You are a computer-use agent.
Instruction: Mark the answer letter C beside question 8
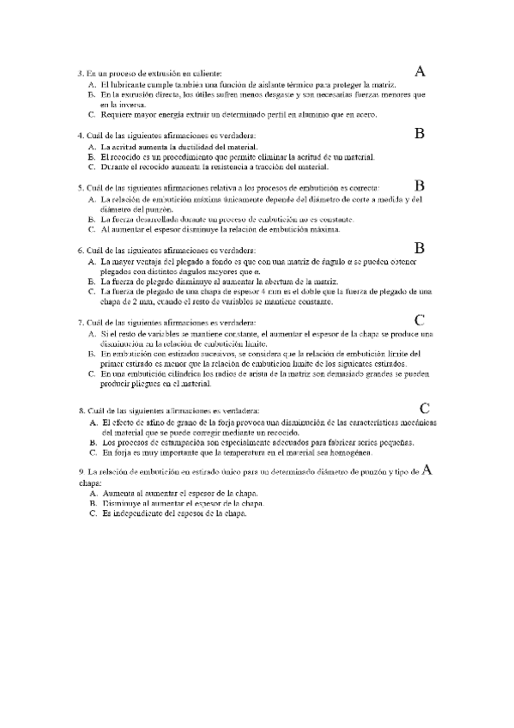425,408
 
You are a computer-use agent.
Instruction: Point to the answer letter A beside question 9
427,470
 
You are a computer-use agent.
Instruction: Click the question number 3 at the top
80,75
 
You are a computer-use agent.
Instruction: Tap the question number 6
80,251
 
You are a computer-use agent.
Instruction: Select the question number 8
80,411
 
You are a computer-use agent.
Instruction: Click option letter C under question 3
92,113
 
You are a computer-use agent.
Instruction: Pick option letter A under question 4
92,147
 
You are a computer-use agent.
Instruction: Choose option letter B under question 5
92,219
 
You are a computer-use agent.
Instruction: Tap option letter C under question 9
92,513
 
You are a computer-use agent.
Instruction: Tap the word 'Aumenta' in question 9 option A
118,494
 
